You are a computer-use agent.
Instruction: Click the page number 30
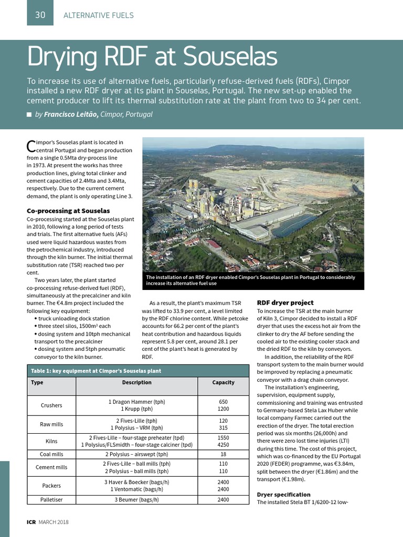click(40, 15)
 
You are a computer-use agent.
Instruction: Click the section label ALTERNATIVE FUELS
click(98, 15)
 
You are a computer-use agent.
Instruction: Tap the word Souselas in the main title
click(227, 57)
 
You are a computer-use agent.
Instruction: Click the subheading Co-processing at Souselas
click(68, 211)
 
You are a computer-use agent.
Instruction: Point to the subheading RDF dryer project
click(285, 303)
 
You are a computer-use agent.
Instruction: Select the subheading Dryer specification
click(283, 495)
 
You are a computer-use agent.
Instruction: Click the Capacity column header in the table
click(223, 382)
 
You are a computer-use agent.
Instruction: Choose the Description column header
click(136, 382)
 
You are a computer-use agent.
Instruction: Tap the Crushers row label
click(51, 405)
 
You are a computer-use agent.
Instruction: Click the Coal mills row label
click(51, 454)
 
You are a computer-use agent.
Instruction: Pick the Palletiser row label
click(51, 500)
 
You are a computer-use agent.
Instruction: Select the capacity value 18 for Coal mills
click(223, 454)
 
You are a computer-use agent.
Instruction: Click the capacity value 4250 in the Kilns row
click(223, 445)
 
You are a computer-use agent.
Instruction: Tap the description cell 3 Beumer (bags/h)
click(136, 500)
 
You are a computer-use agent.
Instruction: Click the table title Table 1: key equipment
click(96, 371)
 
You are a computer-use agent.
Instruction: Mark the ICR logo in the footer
click(31, 522)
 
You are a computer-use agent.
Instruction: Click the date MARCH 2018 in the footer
click(53, 522)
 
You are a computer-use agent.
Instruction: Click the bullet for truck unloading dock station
click(35, 318)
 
